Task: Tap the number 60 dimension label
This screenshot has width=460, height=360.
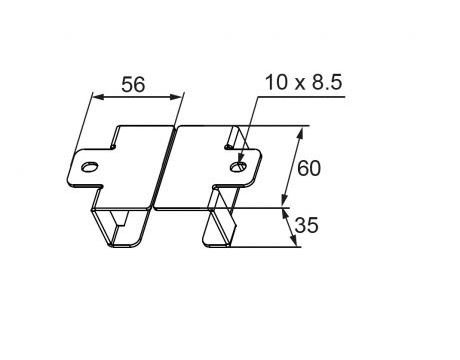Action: [x=310, y=169]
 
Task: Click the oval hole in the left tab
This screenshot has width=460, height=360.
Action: [x=91, y=168]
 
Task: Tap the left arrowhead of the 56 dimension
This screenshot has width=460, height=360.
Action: [x=94, y=98]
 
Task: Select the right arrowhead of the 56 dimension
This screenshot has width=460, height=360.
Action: [x=181, y=98]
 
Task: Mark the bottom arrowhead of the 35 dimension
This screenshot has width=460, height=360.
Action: [x=295, y=245]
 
